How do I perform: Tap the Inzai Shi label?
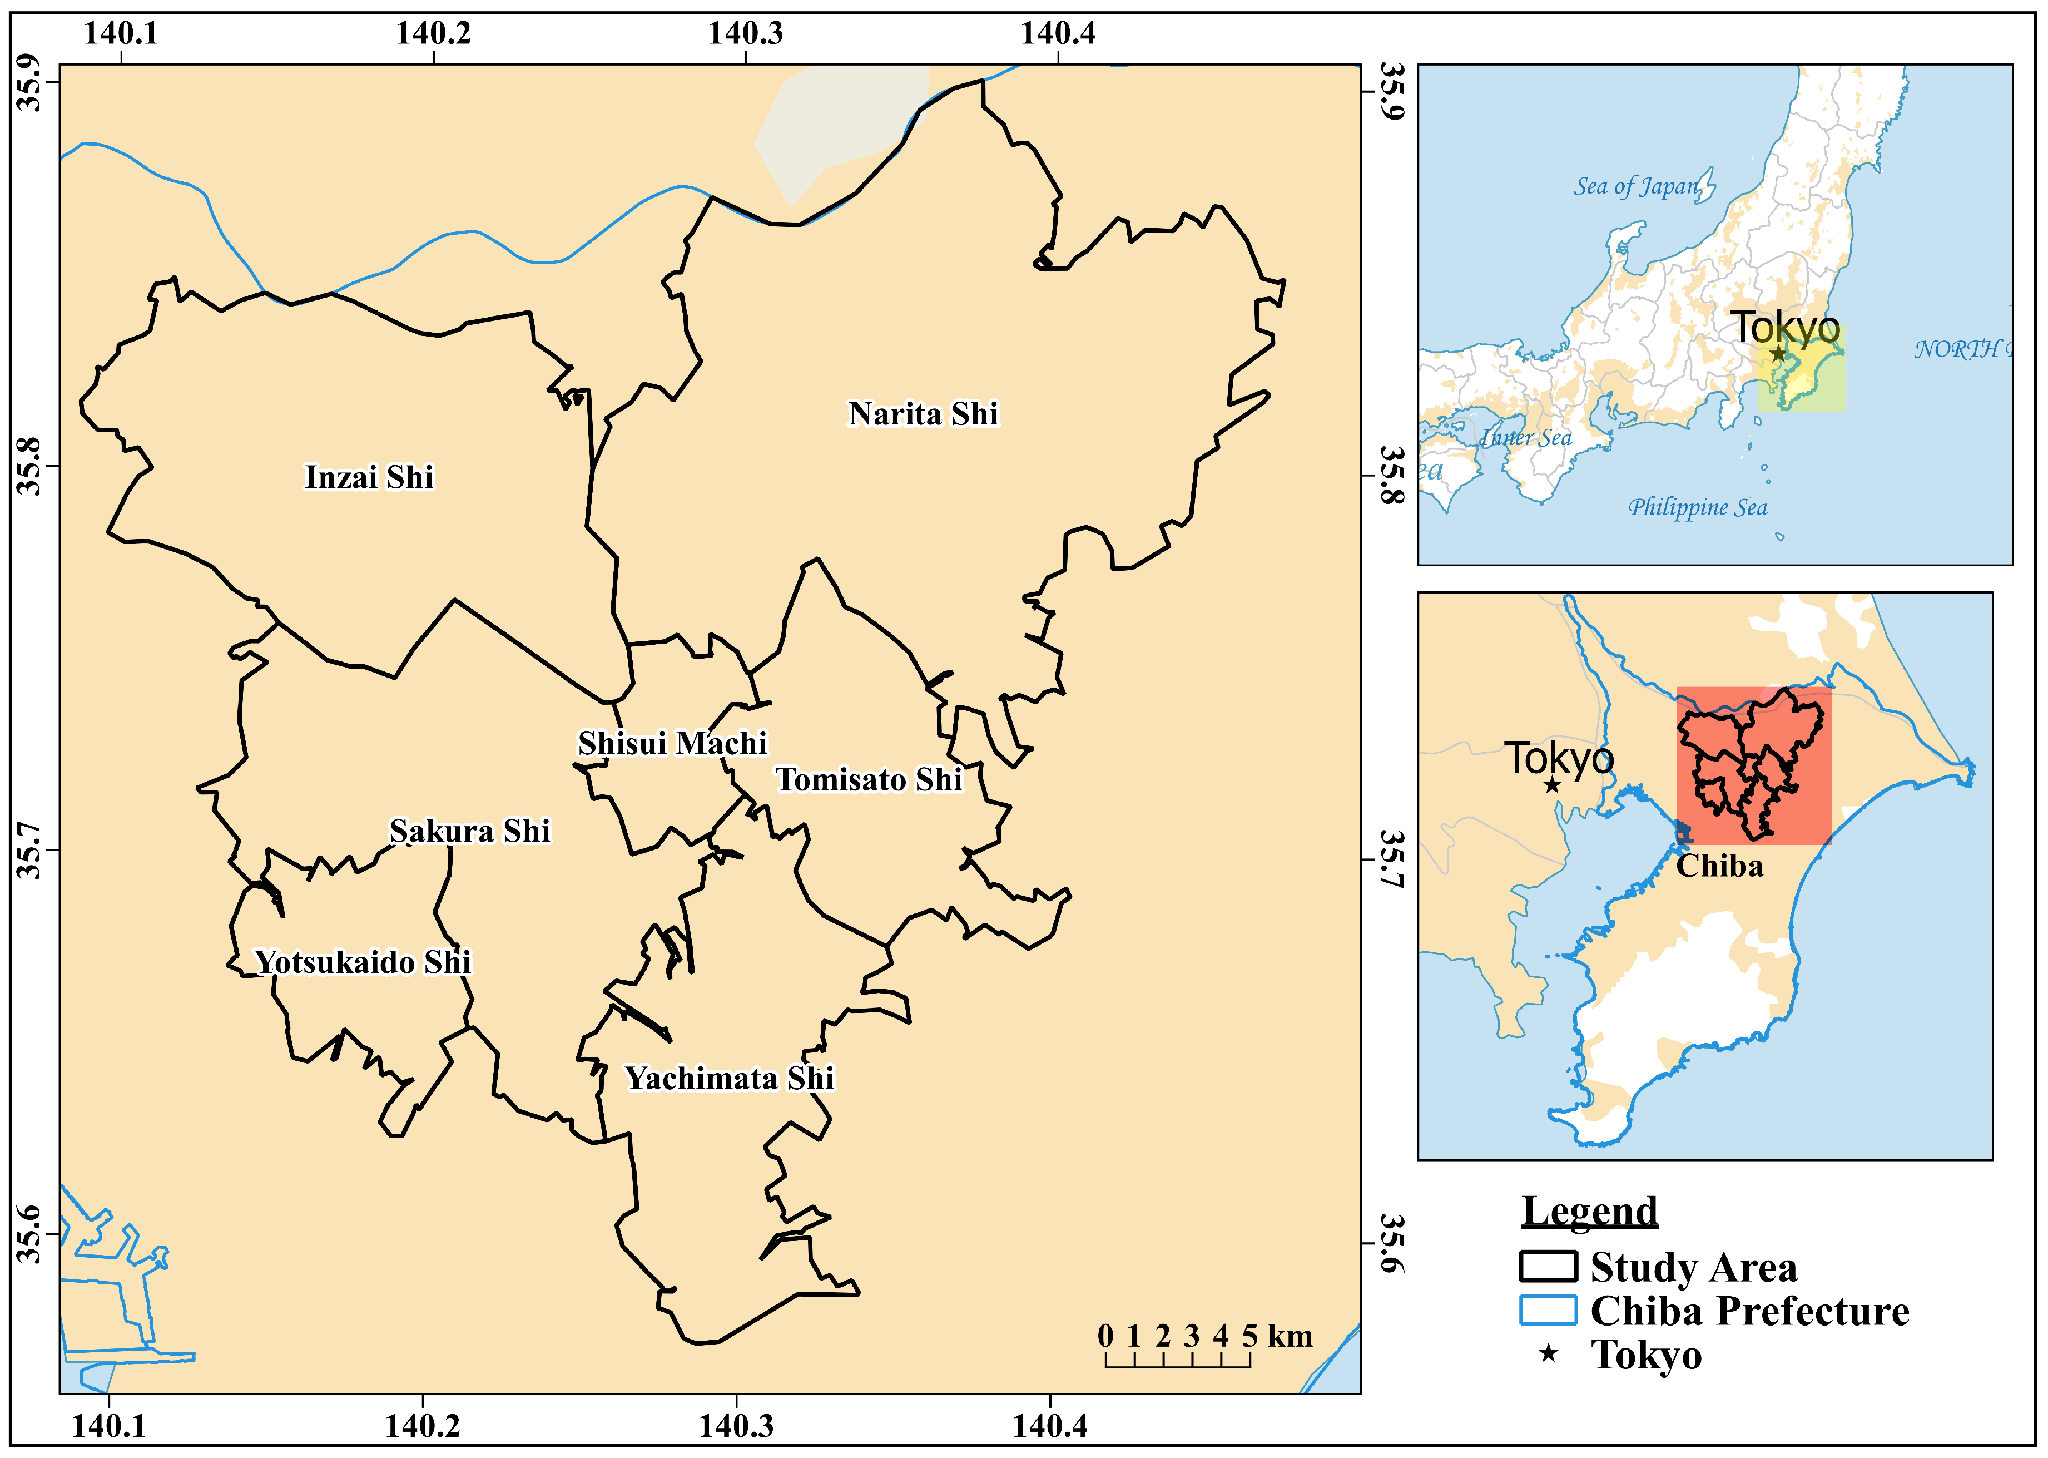click(x=369, y=477)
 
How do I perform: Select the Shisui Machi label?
click(x=672, y=743)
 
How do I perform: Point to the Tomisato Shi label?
click(x=869, y=779)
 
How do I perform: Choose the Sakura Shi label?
click(x=469, y=831)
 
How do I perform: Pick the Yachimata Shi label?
click(x=730, y=1078)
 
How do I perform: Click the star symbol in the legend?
click(x=1548, y=1353)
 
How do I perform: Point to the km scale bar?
click(x=1177, y=1360)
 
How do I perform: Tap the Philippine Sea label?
click(x=1697, y=508)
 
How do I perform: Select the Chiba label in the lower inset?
click(x=1719, y=866)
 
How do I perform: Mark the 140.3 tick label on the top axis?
click(x=745, y=34)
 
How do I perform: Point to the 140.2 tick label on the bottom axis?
click(x=422, y=1426)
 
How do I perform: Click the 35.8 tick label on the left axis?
click(x=29, y=466)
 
